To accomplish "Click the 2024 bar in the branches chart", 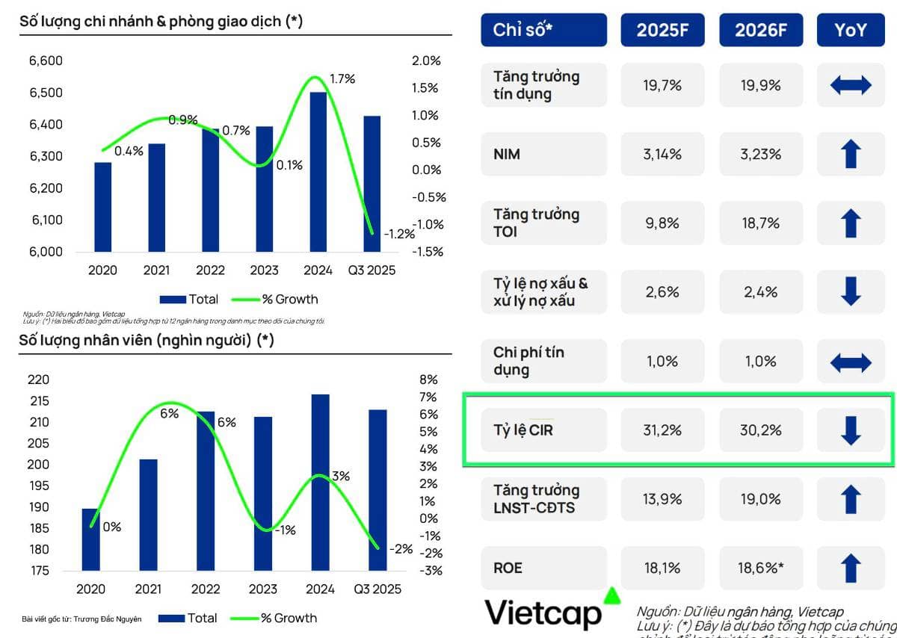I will tap(318, 172).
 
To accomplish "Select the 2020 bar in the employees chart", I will tap(90, 539).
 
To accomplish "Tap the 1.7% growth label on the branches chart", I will tap(342, 78).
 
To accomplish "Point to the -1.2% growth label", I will tap(399, 234).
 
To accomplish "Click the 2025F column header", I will tap(662, 30).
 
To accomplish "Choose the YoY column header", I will tap(851, 30).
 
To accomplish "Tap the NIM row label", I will tap(507, 155).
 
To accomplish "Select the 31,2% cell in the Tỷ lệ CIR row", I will tap(662, 430).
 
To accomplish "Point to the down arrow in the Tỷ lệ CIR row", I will tap(851, 430).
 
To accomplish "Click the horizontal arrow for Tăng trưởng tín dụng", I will tap(851, 85).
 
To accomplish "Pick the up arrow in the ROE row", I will tap(851, 568).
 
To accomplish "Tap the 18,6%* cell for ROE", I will tap(760, 568).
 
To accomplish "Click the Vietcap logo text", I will tap(543, 613).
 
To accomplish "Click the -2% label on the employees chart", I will tap(401, 549).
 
